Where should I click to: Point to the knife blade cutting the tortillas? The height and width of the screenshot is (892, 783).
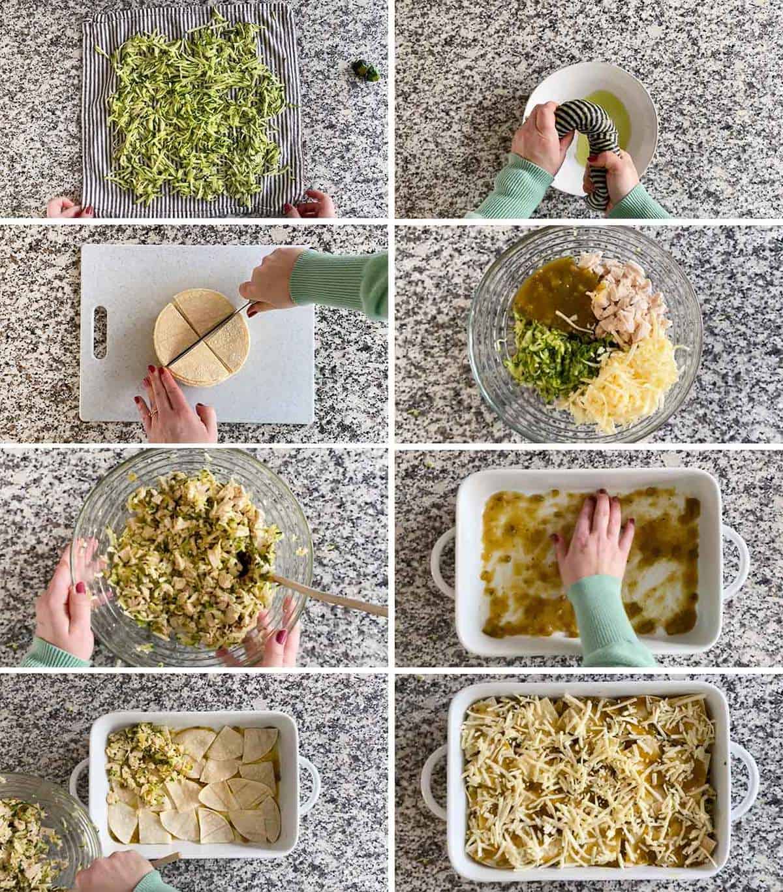coord(206,331)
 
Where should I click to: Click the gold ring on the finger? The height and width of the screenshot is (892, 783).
coord(153,412)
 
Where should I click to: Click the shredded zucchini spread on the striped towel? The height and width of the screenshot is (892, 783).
coord(196,111)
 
